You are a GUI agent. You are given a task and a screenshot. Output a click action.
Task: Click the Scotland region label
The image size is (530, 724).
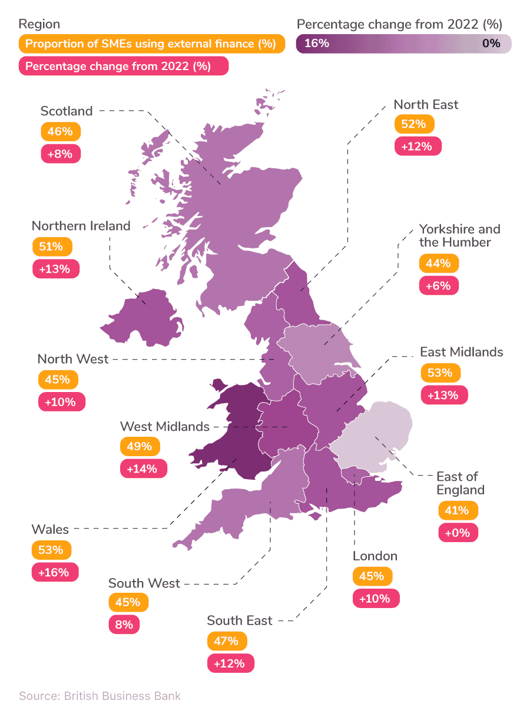point(67,111)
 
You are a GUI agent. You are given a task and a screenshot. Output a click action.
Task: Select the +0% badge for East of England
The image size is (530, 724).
point(458,532)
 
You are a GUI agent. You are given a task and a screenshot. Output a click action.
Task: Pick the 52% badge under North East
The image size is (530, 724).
point(413,124)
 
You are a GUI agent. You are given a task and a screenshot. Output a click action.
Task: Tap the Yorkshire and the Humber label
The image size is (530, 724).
point(459,235)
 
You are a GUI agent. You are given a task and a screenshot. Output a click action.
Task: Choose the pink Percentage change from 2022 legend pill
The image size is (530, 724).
point(123,66)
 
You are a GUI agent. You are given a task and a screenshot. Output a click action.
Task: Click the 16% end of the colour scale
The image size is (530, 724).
point(317,43)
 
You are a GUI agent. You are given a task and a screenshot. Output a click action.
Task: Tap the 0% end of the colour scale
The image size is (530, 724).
point(491,43)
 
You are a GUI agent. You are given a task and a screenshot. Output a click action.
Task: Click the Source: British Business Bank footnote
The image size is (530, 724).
point(100,696)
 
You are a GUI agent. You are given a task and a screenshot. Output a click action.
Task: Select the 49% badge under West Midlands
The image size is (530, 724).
point(140,446)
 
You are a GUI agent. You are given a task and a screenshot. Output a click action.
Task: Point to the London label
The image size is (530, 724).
point(375,556)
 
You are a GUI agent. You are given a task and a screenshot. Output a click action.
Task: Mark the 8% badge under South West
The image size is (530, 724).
point(124,624)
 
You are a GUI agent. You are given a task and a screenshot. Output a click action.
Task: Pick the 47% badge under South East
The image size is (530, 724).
point(227,641)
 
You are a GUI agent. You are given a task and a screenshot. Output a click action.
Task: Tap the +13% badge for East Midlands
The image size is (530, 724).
point(444,394)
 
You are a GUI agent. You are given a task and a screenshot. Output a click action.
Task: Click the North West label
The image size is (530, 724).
point(73,358)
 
